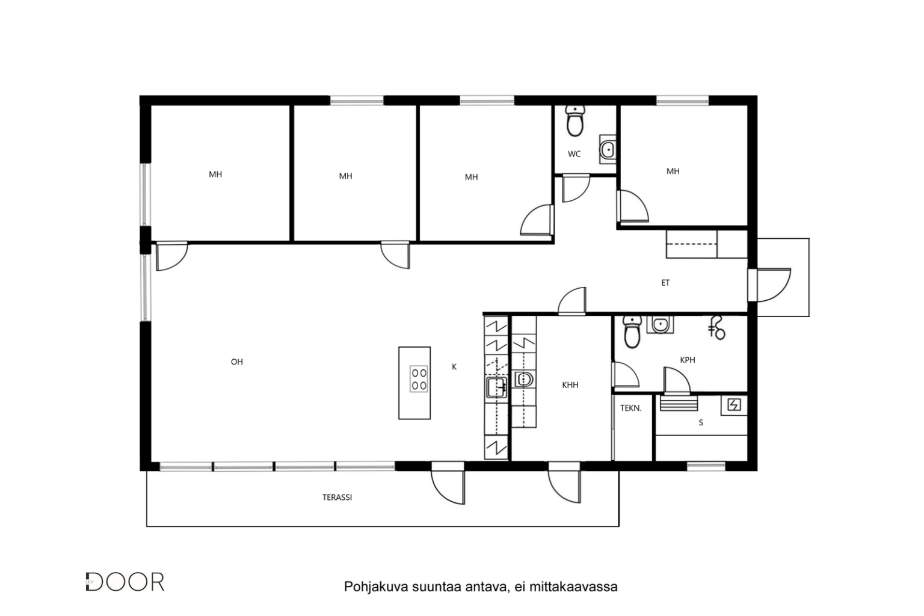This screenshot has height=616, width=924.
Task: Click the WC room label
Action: coord(574,155)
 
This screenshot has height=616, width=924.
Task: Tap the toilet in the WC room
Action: coord(574,120)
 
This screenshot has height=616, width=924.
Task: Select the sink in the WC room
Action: coord(608,149)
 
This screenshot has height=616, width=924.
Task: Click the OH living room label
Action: coord(237,362)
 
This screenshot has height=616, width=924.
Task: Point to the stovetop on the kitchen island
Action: coord(419,379)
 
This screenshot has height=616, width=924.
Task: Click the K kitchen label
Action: coord(454,367)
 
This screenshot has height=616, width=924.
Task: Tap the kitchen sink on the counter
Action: coord(497,387)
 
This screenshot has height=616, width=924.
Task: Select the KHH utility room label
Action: coord(570,385)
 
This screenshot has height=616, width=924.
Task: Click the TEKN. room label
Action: coord(630,408)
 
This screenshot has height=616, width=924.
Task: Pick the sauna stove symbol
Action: coord(734,405)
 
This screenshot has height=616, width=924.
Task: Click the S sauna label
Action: coord(701,422)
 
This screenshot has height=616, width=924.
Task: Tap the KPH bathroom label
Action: coord(688,360)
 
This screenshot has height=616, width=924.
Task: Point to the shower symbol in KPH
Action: coord(717,328)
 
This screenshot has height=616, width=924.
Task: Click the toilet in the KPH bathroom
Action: coord(632,332)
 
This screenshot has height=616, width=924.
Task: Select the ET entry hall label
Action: coord(665,283)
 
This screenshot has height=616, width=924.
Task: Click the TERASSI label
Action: coord(337,497)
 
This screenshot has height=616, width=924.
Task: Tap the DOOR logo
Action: coord(125,582)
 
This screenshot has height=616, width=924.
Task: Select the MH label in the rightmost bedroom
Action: coord(673,171)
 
